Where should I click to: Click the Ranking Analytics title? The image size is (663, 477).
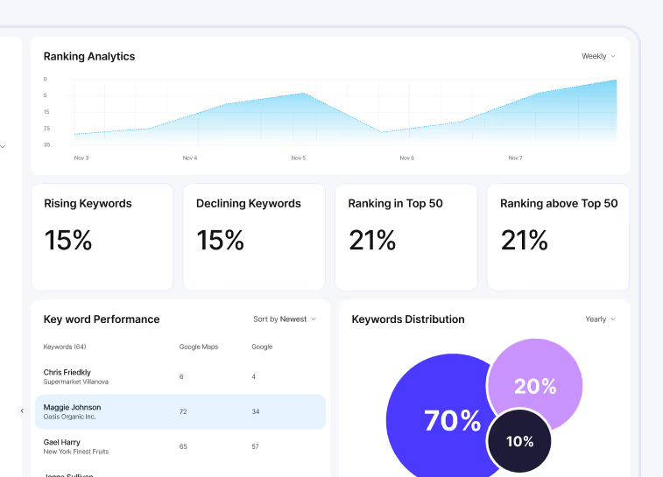coord(89,56)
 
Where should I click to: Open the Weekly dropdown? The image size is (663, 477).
coord(598,56)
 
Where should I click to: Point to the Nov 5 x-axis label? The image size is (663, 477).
coord(298,158)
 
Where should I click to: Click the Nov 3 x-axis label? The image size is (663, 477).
coord(81,158)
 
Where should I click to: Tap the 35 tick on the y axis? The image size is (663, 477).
coord(46,144)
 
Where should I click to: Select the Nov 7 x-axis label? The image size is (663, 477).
coord(515,158)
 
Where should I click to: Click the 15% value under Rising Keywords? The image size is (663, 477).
coord(68,240)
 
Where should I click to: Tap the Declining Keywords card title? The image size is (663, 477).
coord(249,203)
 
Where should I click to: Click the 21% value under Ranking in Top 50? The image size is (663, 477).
coord(372,240)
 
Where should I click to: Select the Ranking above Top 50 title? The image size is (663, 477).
coord(559,203)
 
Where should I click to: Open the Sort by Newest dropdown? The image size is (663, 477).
coord(285,319)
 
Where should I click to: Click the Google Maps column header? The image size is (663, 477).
coord(198,347)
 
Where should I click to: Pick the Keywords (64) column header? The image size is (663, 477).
coord(65,347)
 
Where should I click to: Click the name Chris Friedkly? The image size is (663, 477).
coord(67,372)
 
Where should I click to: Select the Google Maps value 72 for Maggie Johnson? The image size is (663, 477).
coord(183,411)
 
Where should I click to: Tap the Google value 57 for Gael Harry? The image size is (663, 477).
coord(255,446)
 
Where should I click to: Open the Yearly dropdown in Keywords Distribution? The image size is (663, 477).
coord(600,319)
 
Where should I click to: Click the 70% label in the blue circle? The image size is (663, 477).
coord(452,421)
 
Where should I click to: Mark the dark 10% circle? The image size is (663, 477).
coord(519,441)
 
